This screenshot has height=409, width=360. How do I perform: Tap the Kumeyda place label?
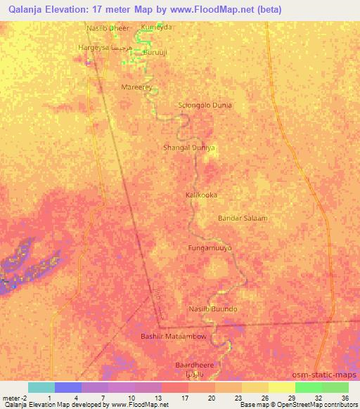tap(156, 27)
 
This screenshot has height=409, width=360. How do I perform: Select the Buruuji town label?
tap(155, 53)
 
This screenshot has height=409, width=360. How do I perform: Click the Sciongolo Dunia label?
tap(205, 105)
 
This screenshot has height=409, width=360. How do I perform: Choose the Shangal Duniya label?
tap(188, 148)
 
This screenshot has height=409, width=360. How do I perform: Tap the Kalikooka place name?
tap(201, 195)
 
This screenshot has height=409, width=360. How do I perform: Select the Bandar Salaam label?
tap(243, 218)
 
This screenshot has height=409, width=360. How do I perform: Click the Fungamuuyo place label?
tap(210, 248)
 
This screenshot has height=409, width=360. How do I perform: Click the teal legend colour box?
tap(41, 387)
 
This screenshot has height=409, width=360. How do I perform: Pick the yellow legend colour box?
tap(281, 387)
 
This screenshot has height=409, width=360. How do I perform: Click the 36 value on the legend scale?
tap(344, 397)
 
